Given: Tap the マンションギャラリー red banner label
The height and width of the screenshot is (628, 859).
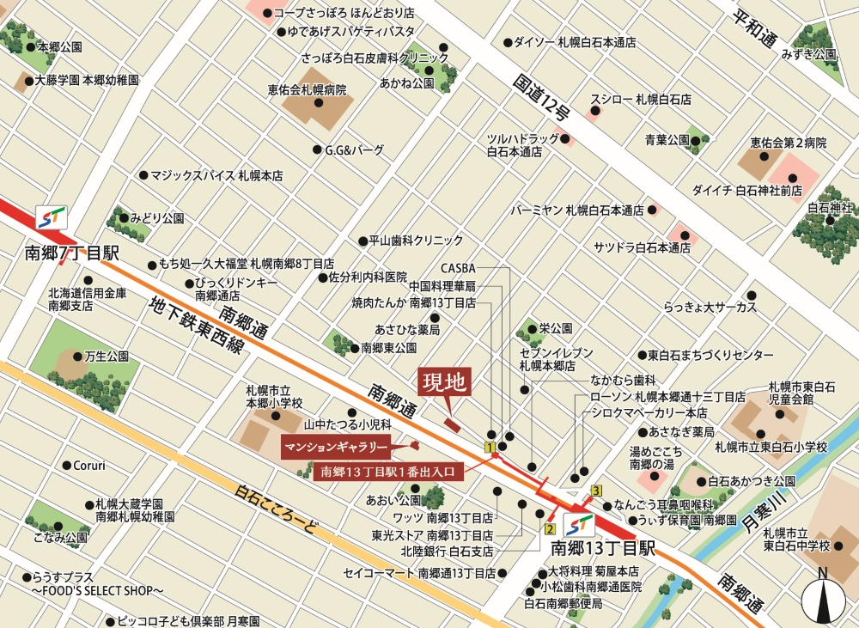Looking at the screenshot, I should click(336, 447).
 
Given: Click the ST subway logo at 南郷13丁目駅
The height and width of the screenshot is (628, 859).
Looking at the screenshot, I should click(582, 523).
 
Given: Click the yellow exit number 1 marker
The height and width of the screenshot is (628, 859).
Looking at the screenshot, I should click(489, 448).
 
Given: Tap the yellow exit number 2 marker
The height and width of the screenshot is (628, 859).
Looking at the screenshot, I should click(551, 528).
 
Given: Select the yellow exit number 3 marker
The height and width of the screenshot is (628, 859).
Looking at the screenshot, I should click(596, 491).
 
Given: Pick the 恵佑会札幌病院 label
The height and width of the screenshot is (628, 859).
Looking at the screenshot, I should click(307, 89).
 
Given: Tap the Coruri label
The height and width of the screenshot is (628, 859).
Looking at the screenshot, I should click(89, 466).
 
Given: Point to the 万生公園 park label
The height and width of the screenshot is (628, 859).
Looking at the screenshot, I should click(106, 356).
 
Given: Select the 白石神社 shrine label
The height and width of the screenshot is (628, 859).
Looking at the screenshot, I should click(830, 208).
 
